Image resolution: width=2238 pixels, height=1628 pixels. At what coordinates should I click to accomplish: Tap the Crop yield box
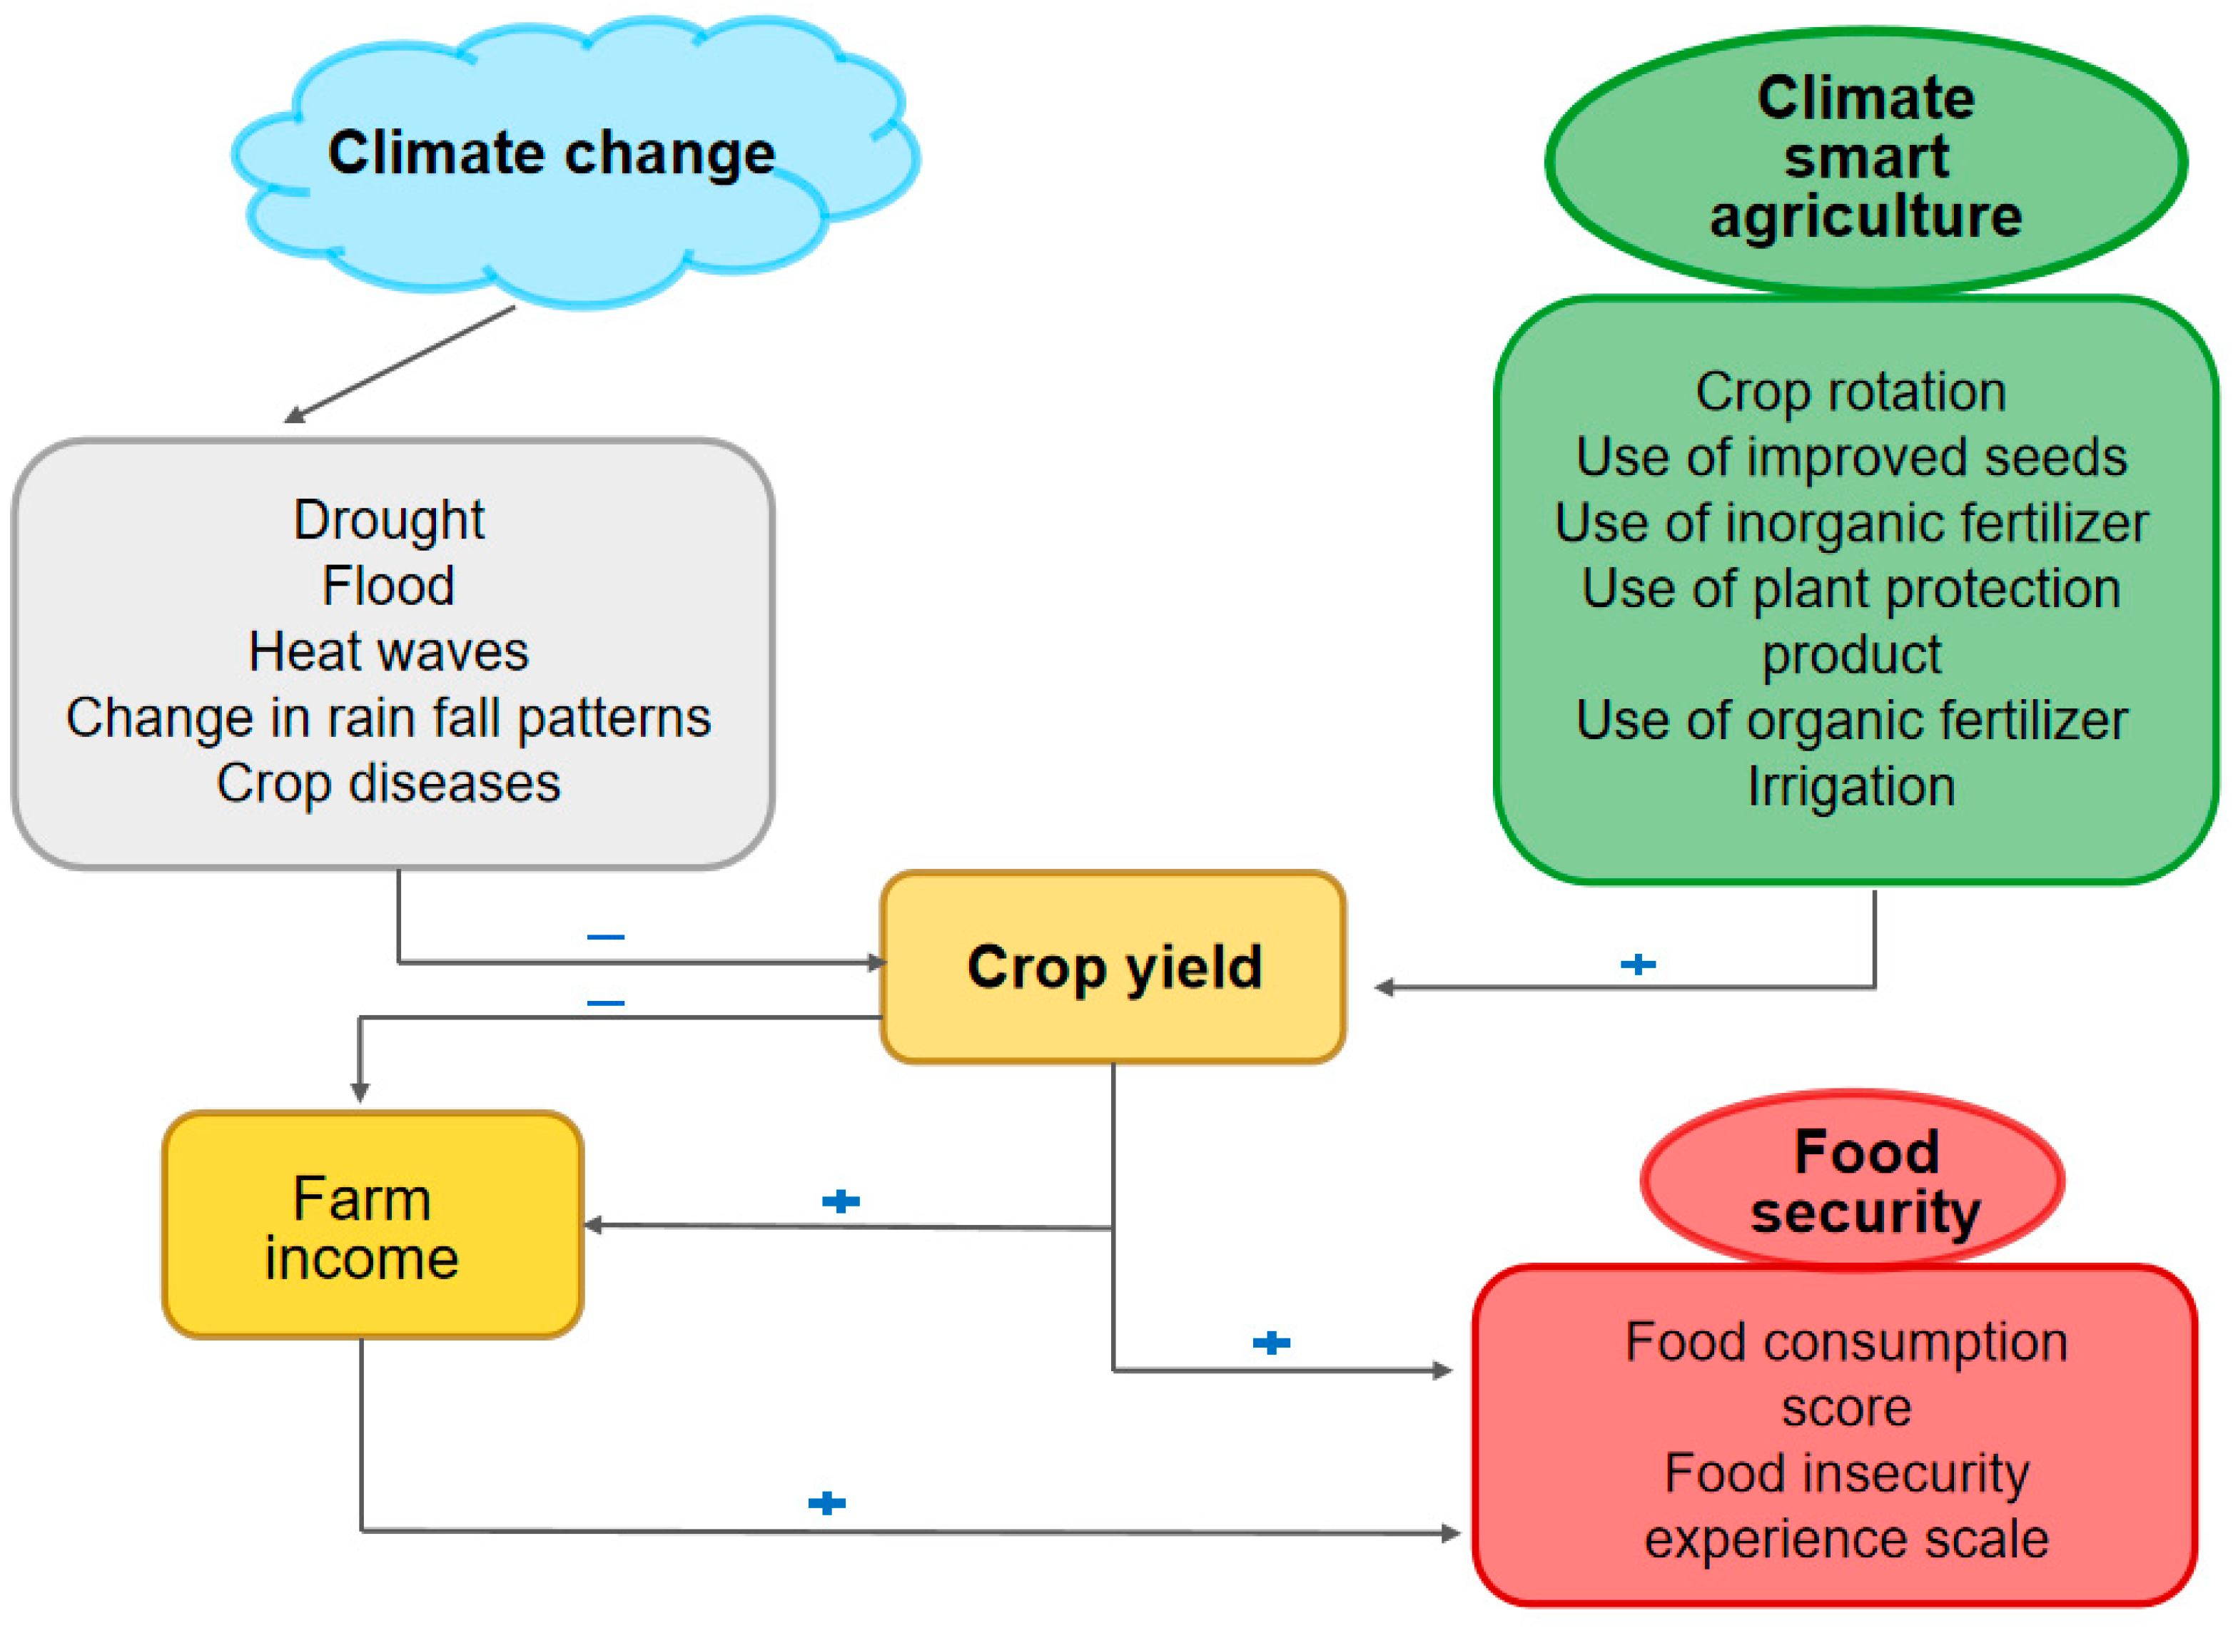[x=1113, y=967]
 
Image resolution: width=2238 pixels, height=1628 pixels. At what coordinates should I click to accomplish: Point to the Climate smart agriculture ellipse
[x=1865, y=158]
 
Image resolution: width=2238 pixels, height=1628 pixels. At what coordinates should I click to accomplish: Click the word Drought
[x=389, y=520]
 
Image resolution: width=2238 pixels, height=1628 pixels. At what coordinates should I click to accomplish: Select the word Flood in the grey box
[x=389, y=586]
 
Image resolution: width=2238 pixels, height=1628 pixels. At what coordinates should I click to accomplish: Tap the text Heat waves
[x=389, y=652]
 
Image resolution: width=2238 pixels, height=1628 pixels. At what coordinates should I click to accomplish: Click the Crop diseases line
[x=389, y=785]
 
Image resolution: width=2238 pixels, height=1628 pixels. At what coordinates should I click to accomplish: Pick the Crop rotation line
[x=1851, y=392]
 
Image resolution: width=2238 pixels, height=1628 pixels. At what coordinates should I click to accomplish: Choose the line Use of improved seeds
[x=1851, y=458]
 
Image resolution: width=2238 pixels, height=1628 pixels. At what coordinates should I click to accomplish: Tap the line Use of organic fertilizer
[x=1851, y=721]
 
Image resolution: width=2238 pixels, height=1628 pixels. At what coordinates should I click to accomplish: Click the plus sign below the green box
[x=1638, y=964]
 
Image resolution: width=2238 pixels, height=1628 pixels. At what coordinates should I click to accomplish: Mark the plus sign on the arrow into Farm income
[x=841, y=1201]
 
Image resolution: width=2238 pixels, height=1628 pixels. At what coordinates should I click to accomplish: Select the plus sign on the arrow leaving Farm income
[x=827, y=1502]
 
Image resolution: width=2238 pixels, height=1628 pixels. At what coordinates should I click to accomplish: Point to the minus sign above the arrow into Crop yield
[x=606, y=936]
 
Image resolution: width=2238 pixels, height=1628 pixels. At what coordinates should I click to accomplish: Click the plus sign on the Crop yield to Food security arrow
[x=1271, y=1342]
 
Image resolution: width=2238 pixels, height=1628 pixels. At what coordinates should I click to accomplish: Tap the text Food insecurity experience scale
[x=1846, y=1507]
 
